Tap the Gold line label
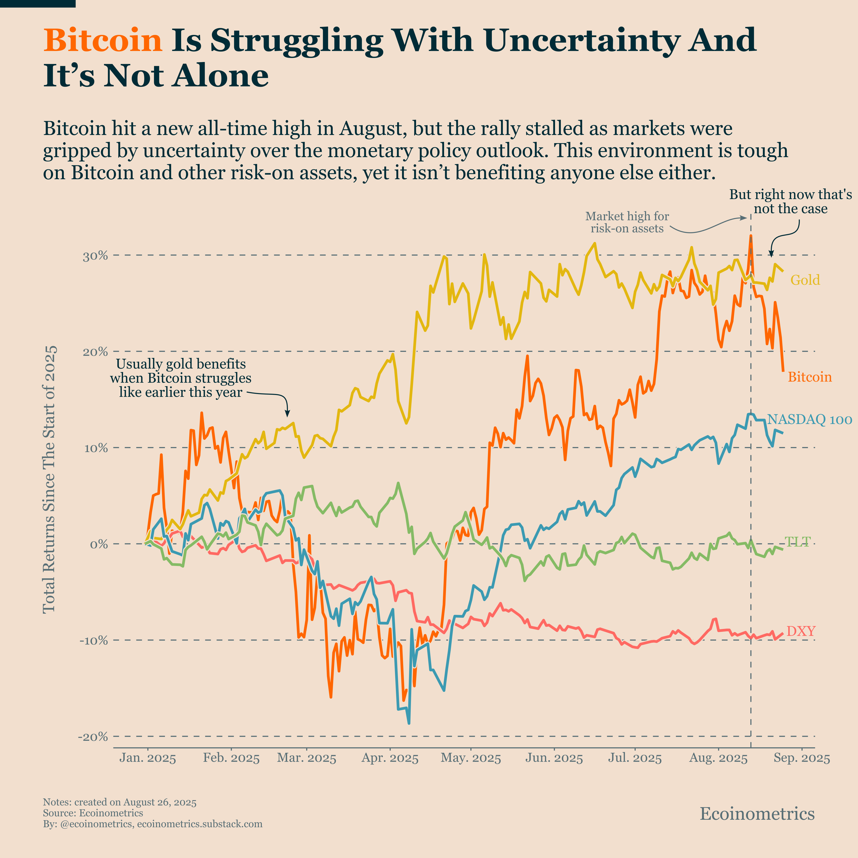(x=805, y=280)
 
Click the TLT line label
(x=798, y=541)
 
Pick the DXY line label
(x=801, y=631)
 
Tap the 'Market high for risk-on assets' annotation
(x=627, y=222)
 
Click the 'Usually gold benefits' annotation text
(x=181, y=378)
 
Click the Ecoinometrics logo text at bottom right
(x=757, y=814)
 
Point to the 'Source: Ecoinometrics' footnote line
(x=93, y=813)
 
